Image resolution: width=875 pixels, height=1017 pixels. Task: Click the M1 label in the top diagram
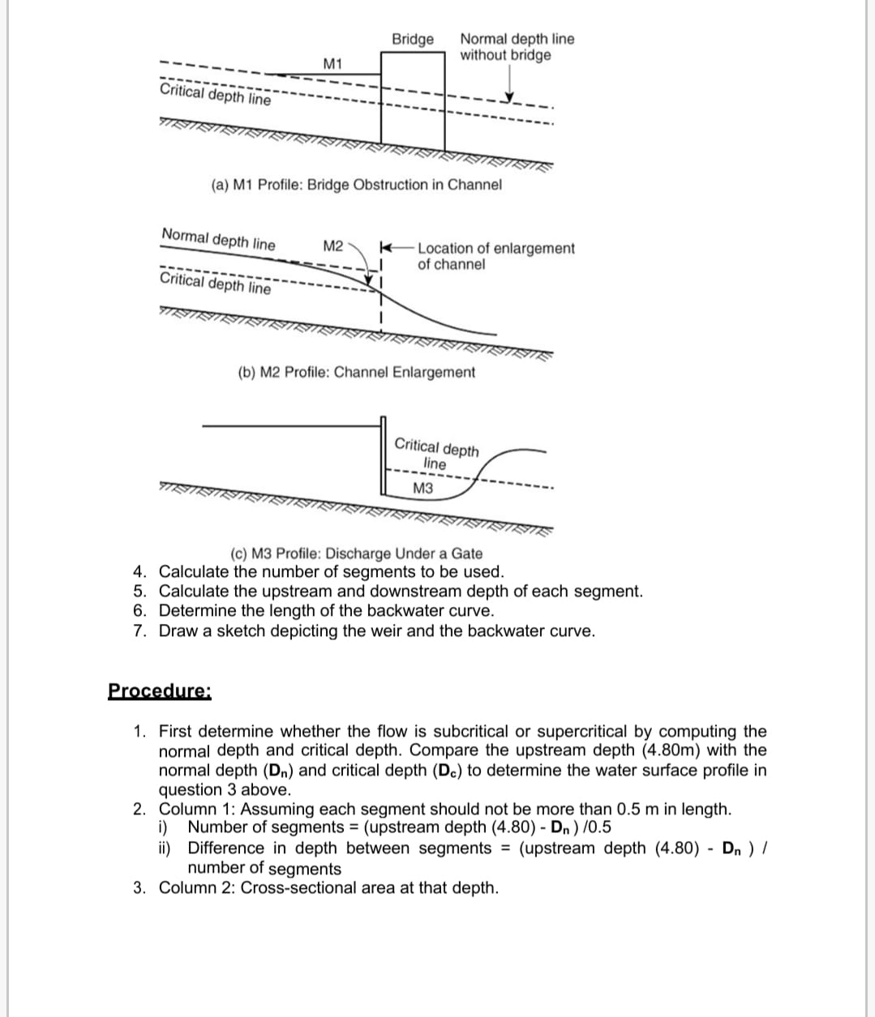pos(332,64)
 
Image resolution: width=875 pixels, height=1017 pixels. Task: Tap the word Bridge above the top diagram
pos(413,39)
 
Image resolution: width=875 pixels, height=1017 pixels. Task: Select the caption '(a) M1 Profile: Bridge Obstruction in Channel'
pos(356,185)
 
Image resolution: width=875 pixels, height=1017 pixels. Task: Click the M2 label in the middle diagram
pos(333,246)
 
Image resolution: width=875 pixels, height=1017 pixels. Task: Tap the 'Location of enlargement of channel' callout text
pos(495,256)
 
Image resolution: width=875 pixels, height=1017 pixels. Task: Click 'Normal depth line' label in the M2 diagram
pos(218,240)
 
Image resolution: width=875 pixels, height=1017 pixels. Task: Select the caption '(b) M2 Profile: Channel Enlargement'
pos(356,373)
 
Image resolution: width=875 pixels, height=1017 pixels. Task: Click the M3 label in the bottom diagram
pos(422,489)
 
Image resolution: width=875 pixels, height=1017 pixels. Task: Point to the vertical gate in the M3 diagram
pos(384,454)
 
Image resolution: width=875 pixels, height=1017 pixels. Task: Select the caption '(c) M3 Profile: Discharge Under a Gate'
pos(356,553)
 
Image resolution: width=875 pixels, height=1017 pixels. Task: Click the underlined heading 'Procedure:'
pos(160,691)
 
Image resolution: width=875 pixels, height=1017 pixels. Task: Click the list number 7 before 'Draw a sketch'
pos(139,630)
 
